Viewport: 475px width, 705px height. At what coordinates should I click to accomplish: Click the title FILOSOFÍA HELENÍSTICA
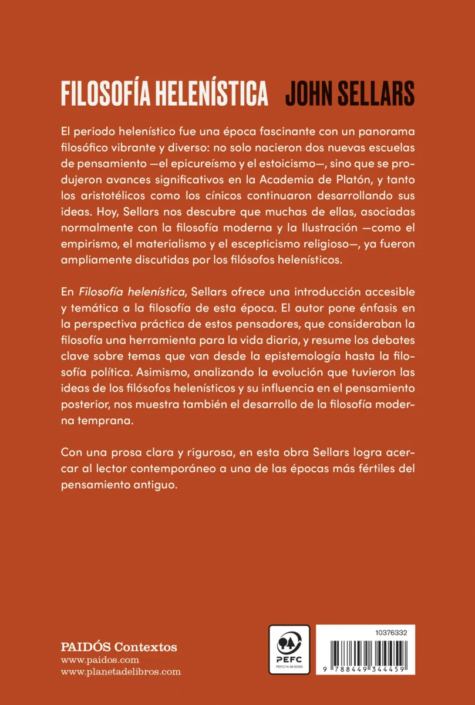(164, 93)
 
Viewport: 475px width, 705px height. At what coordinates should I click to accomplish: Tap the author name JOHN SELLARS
(350, 93)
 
